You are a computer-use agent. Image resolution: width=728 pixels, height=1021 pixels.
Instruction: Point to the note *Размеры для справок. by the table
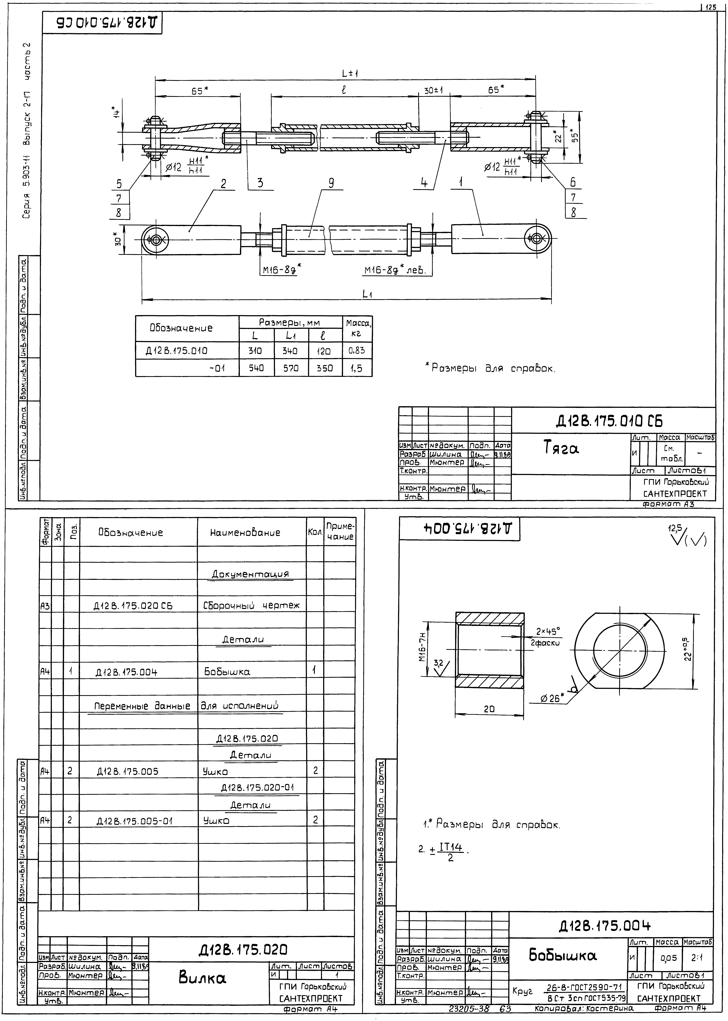point(490,369)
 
